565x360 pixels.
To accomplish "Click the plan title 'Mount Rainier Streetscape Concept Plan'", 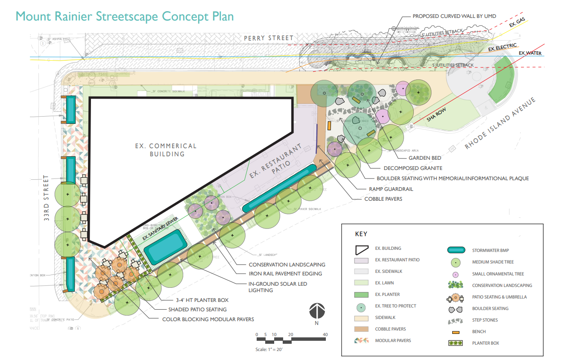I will [125, 16].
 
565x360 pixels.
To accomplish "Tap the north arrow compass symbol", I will [317, 311].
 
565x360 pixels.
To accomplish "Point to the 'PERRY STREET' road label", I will [269, 38].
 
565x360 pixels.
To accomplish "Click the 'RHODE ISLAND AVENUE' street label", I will [500, 124].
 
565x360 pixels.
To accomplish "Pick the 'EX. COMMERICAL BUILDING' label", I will [167, 150].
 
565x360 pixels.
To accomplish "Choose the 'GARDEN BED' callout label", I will [425, 158].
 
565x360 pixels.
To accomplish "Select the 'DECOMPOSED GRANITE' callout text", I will [413, 168].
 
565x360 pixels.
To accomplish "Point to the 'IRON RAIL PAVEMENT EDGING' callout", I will [285, 274].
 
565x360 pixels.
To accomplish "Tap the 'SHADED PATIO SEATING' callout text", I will [197, 310].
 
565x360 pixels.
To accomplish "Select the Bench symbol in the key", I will [455, 332].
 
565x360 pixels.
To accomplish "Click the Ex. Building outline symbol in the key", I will [361, 249].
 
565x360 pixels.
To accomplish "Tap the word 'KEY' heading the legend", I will [361, 234].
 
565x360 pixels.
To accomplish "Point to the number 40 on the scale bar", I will [325, 334].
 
